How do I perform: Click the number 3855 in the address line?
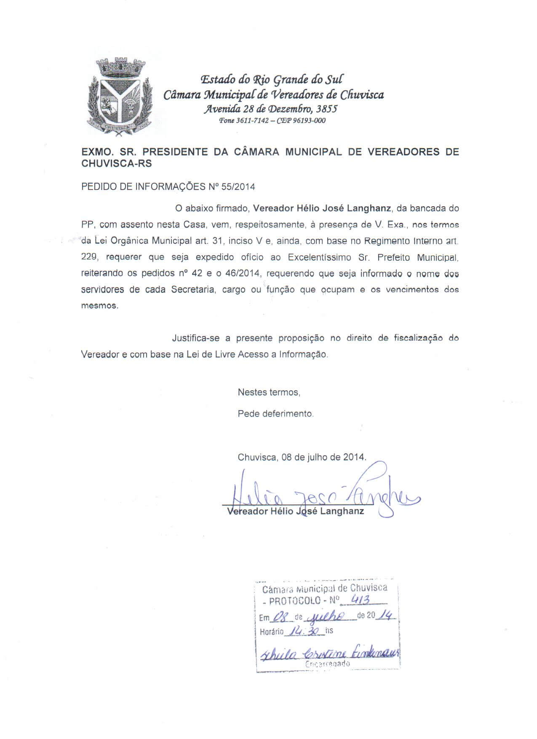[x=327, y=109]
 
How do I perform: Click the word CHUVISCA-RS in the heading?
[x=117, y=164]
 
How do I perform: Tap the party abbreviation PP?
[x=87, y=224]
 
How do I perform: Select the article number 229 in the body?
[x=88, y=257]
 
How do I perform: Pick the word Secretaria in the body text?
[x=192, y=290]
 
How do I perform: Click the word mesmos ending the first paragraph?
[x=99, y=306]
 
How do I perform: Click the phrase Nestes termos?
[x=269, y=392]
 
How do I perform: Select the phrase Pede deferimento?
[x=275, y=414]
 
